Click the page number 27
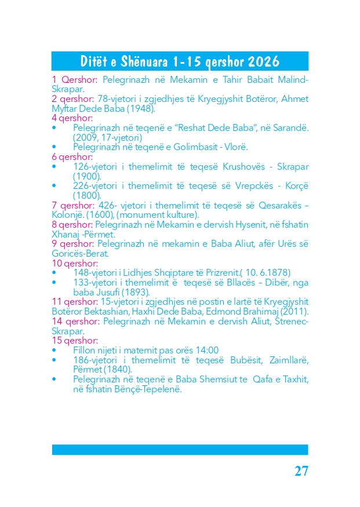tap(301, 470)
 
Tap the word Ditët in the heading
tap(95, 61)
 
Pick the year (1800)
tap(87, 195)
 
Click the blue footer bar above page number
tap(180, 450)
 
